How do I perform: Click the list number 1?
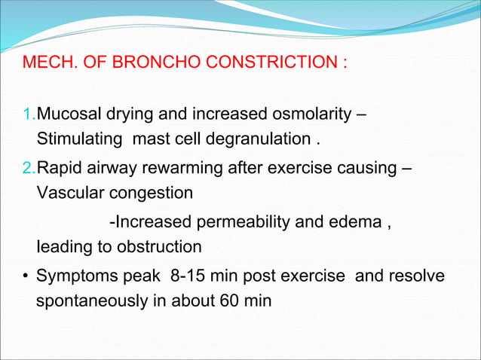click(28, 116)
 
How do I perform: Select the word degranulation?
click(257, 139)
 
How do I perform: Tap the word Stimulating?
click(81, 139)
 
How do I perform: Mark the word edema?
click(359, 221)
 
